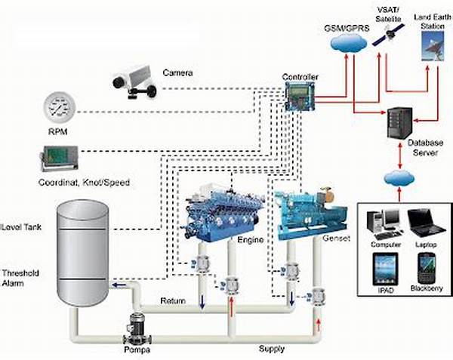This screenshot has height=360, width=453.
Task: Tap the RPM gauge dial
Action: pos(60,107)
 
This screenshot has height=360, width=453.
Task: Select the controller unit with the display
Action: pos(300,97)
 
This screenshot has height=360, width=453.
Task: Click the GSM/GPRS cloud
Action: pos(349,43)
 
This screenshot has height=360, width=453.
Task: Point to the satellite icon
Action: pos(388,35)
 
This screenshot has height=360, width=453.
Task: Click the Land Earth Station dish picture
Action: pos(433,46)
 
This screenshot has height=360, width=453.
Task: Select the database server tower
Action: pos(400,123)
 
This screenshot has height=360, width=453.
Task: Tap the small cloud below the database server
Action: pos(399,178)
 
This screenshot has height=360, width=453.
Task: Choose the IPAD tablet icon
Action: pos(385,269)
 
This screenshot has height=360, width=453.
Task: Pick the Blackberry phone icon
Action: pos(427,269)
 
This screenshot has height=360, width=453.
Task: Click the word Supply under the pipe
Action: pos(272,349)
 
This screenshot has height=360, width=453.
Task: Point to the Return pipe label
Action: pos(173,301)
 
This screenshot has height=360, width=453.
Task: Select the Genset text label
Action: pos(336,238)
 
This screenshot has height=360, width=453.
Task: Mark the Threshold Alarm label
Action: pos(20,278)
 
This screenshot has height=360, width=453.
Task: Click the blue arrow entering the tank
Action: pos(119,285)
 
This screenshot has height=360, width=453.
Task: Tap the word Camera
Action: pos(177,72)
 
